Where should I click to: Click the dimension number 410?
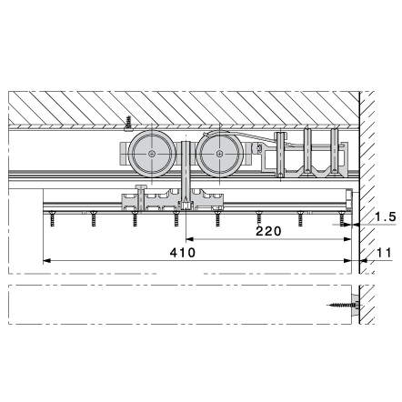click(183, 252)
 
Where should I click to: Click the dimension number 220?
click(268, 231)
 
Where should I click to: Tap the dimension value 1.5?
click(386, 216)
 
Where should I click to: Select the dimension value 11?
click(385, 253)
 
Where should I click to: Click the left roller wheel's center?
click(152, 154)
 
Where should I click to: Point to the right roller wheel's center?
click(219, 154)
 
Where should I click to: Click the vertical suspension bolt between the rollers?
click(186, 175)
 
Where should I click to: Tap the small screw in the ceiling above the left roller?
click(128, 124)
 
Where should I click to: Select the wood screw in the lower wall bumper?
click(341, 305)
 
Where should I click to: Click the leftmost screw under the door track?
click(53, 219)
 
